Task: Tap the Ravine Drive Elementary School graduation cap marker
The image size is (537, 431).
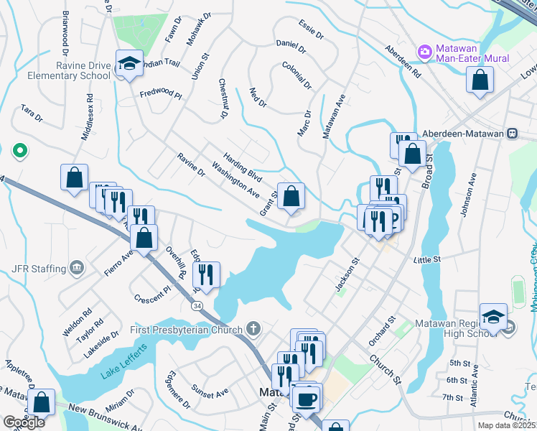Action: [129, 65]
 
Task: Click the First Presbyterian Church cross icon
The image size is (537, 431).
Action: [252, 329]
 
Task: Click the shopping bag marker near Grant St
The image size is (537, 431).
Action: [291, 196]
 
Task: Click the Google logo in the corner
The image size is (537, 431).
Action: [23, 422]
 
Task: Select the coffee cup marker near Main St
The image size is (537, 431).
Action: [308, 399]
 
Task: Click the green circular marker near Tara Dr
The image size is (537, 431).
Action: [20, 151]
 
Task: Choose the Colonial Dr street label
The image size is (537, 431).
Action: [296, 75]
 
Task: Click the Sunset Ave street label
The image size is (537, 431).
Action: [210, 391]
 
